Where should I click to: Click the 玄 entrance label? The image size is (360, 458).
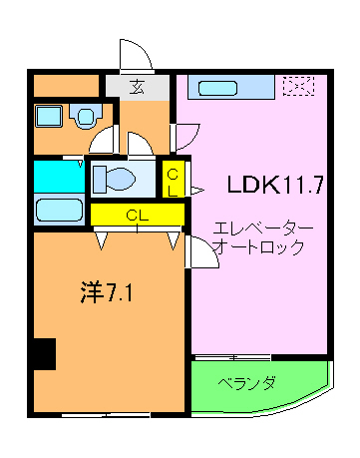tap(137, 87)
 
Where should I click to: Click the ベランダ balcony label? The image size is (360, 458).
tap(247, 383)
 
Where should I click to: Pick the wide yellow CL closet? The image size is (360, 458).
tap(137, 214)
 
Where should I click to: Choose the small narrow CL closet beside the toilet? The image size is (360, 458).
tap(173, 179)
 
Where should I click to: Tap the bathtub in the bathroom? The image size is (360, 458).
tap(59, 211)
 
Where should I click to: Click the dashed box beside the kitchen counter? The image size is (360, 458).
tap(297, 87)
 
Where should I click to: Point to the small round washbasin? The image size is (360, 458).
tap(86, 117)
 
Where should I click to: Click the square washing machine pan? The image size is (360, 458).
tap(48, 117)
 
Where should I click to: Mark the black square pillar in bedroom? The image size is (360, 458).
tap(42, 353)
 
